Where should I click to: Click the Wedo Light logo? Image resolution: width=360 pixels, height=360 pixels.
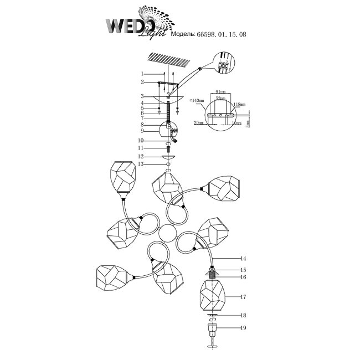(x=135, y=24)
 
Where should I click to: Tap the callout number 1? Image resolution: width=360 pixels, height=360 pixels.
(x=142, y=74)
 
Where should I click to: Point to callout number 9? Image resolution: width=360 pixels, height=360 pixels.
(x=142, y=131)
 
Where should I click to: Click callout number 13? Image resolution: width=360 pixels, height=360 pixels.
(x=142, y=164)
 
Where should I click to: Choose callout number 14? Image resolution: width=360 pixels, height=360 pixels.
(x=243, y=259)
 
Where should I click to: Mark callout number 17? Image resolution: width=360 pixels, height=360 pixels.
(x=243, y=297)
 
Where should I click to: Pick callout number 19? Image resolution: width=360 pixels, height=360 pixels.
(x=243, y=327)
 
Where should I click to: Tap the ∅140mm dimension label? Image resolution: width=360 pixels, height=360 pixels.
(x=196, y=101)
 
